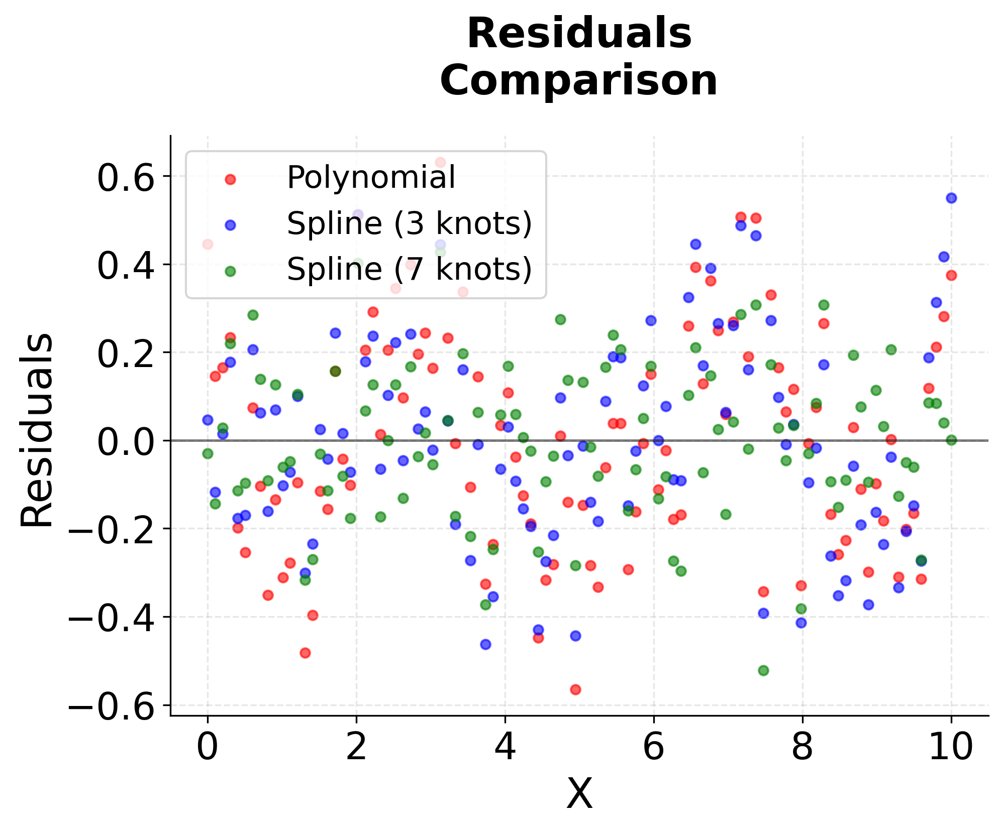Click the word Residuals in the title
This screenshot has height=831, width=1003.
point(579,34)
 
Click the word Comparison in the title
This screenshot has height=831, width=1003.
point(579,81)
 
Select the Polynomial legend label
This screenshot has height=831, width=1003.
point(371,177)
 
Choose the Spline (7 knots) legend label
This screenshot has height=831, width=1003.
point(409,269)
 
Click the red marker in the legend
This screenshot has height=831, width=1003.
point(230,179)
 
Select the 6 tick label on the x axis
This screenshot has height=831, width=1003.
point(653,748)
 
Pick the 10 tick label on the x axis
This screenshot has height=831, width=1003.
point(951,748)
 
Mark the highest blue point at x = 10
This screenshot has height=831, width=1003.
point(951,198)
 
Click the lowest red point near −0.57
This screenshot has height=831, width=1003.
point(575,689)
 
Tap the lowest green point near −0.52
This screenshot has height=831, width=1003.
point(763,670)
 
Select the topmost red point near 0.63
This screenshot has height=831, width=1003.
point(440,162)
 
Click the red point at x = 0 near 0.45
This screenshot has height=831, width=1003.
point(208,244)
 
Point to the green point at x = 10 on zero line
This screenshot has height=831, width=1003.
point(951,440)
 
